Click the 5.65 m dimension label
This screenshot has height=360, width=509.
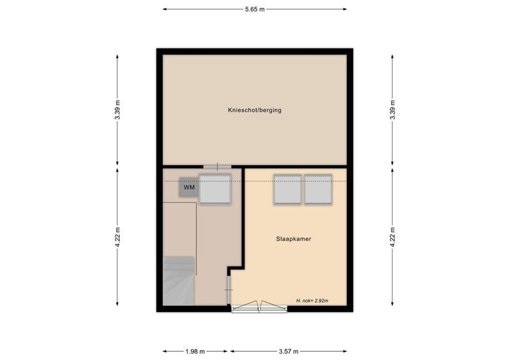(255, 9)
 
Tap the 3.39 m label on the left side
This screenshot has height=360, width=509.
(117, 109)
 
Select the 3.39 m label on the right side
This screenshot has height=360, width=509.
(392, 109)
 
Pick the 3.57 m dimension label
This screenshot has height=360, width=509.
(288, 351)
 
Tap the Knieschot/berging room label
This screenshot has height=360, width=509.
(255, 110)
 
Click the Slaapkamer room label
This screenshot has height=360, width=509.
(294, 239)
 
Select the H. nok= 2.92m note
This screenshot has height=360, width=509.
(312, 300)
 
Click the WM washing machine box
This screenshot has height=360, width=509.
(189, 188)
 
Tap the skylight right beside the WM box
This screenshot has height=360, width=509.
(215, 189)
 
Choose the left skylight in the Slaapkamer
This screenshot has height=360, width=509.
(287, 189)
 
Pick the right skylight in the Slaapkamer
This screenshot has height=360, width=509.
(318, 189)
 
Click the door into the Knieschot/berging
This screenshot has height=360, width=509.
(217, 166)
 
